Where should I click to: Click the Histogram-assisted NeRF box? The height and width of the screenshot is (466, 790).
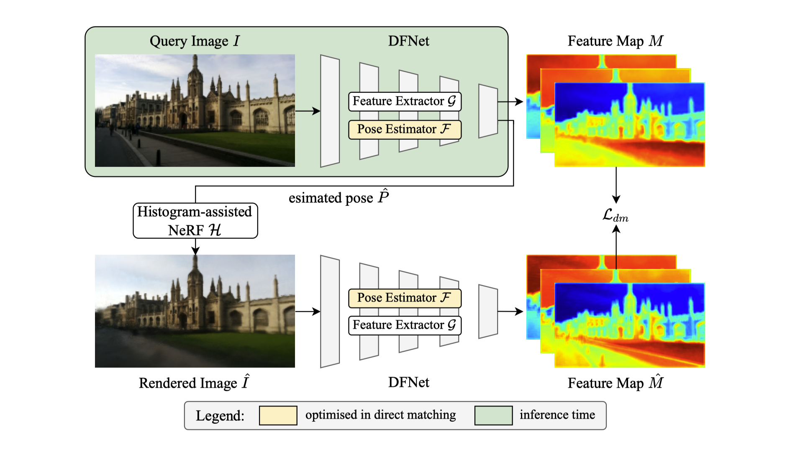[195, 221]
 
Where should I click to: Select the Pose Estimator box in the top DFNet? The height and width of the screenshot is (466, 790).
[405, 129]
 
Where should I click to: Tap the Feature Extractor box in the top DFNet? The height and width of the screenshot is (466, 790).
[405, 101]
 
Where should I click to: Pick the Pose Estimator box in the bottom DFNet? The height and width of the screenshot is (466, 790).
[405, 298]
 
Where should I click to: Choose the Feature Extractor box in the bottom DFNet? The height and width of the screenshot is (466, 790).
[405, 325]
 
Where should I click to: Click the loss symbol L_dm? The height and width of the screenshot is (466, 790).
[615, 215]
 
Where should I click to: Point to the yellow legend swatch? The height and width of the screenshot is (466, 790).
[278, 415]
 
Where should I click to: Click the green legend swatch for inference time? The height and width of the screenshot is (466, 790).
[493, 415]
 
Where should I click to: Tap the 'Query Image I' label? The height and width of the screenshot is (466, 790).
[195, 41]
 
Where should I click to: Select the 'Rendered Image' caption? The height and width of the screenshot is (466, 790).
[195, 383]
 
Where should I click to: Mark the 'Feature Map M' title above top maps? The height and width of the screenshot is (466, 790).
[615, 41]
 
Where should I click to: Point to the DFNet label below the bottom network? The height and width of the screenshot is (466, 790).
[408, 382]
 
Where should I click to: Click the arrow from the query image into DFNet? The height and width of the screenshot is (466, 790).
[308, 111]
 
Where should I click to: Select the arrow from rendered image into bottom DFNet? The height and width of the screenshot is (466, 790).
[308, 311]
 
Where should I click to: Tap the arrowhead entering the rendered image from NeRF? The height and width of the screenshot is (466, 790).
[195, 251]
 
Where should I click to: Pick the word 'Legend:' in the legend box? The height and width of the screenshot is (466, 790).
[220, 416]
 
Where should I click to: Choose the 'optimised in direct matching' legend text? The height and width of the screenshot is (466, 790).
[380, 415]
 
